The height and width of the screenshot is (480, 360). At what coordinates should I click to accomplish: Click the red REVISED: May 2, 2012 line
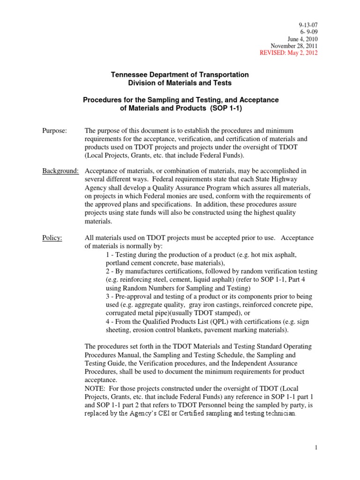[288, 53]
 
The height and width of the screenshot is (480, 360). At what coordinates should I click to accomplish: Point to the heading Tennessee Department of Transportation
[180, 75]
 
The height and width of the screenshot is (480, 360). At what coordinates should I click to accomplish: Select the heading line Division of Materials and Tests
[180, 83]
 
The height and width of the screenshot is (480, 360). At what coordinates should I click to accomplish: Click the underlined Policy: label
[52, 239]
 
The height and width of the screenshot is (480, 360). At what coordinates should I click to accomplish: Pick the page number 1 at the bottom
[316, 448]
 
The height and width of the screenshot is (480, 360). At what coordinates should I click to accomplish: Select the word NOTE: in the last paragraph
[96, 389]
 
